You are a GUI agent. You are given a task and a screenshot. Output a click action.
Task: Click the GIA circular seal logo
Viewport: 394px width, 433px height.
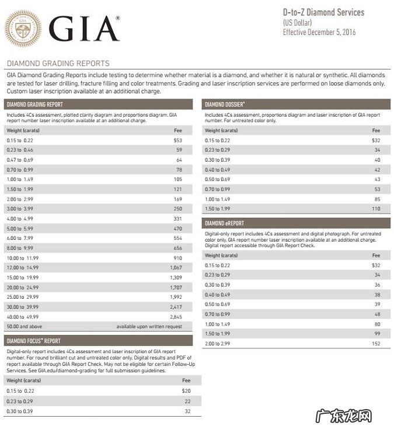point(23,27)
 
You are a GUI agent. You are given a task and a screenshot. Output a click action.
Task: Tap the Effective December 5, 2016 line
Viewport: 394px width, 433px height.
point(319,32)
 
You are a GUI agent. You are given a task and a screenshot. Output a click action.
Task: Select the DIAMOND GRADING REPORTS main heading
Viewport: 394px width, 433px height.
point(58,63)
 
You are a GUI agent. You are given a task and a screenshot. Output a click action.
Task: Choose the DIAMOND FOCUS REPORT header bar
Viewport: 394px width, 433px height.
point(99,340)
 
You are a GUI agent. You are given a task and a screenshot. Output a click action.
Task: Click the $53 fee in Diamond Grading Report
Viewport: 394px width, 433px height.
point(178,140)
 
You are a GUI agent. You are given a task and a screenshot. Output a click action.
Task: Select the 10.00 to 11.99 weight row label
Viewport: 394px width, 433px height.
point(23,257)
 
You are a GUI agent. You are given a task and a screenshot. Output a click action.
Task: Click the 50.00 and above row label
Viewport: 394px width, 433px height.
point(24,326)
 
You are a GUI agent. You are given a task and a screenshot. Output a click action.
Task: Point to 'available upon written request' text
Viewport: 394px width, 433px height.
point(149,326)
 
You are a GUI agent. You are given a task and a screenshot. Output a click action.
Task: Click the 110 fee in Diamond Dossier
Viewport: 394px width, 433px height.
point(376,208)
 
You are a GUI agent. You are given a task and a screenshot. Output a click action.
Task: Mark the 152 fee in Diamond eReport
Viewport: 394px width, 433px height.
point(376,344)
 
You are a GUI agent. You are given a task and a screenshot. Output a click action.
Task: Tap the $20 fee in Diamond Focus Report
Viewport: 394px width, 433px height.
point(186,390)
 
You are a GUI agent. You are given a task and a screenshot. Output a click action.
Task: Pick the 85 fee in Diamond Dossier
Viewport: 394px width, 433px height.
point(377,199)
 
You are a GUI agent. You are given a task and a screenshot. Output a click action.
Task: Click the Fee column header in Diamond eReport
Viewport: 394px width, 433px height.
point(376,255)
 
